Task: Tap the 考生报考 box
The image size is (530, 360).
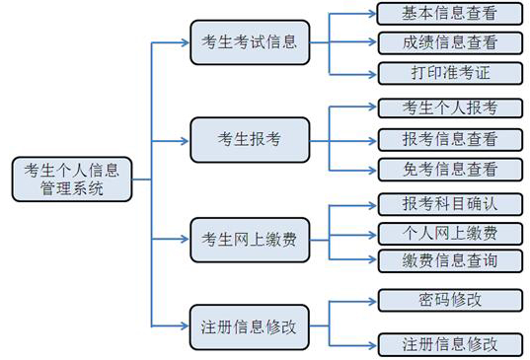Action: (249, 138)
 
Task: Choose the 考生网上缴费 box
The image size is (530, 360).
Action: (249, 240)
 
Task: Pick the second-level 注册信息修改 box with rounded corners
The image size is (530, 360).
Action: (249, 325)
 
